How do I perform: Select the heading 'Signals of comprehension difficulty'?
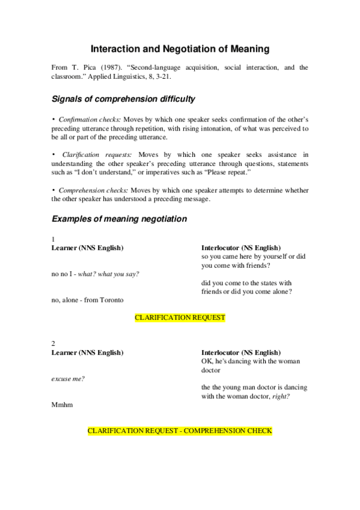pos(123,98)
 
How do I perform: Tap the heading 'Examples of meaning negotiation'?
pos(119,219)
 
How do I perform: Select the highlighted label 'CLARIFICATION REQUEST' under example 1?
pos(180,318)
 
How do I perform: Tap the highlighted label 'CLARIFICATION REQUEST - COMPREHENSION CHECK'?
pos(180,431)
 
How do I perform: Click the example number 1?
pos(53,239)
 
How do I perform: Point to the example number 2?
pos(53,343)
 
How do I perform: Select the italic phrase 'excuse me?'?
pos(68,378)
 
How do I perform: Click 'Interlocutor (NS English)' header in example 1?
pos(240,247)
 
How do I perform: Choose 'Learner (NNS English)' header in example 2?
pos(88,352)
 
